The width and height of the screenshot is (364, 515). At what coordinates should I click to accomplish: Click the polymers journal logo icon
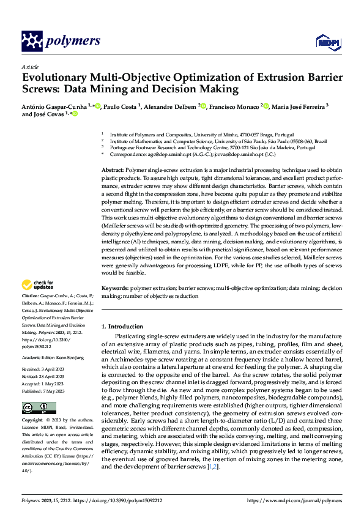click(32, 42)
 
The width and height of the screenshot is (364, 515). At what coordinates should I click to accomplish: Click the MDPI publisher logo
click(326, 42)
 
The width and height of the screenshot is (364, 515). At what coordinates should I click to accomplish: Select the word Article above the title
click(29, 67)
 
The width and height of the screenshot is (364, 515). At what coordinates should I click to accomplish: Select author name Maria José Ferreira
click(298, 106)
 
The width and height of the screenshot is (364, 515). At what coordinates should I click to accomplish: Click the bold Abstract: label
click(112, 169)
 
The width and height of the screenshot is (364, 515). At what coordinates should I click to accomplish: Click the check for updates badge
click(38, 284)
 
